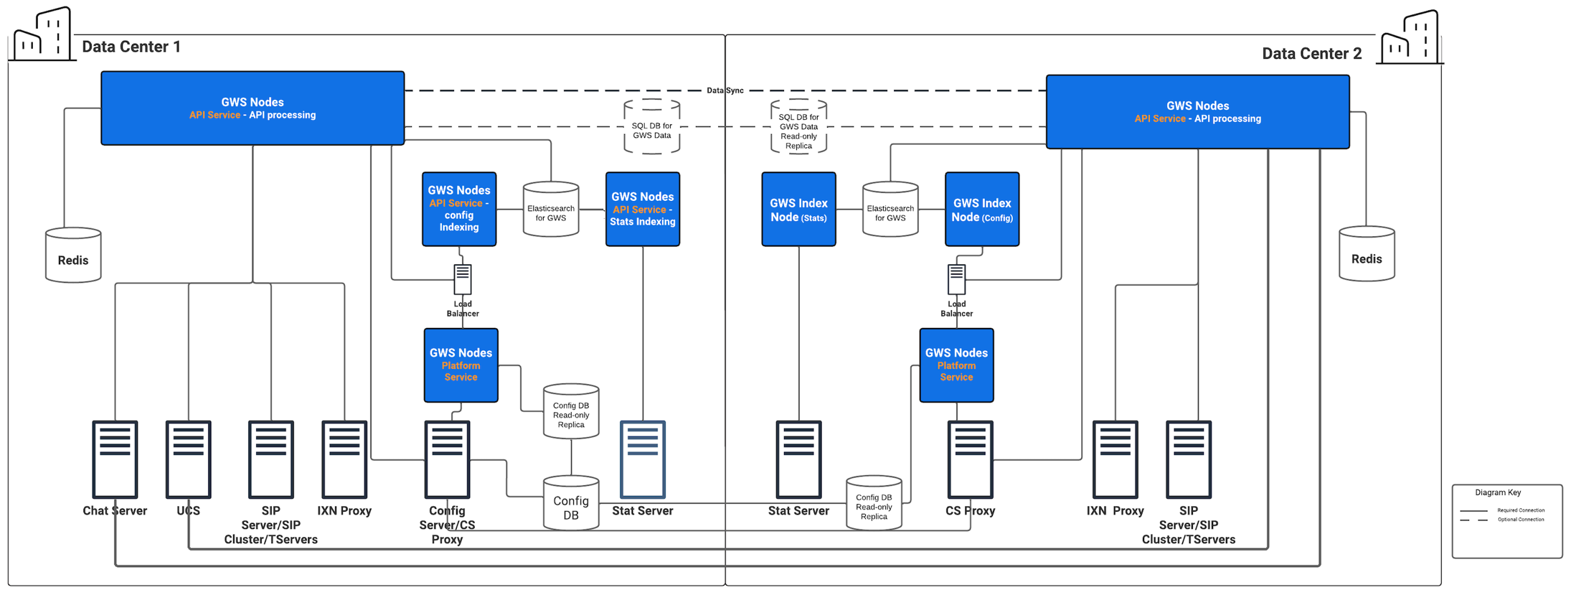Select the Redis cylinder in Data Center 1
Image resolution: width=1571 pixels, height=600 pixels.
coord(73,255)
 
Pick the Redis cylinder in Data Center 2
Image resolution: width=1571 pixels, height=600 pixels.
coord(1367,253)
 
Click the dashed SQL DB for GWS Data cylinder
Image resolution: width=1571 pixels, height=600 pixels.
coord(652,126)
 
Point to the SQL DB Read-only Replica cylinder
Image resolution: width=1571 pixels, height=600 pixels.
coord(798,126)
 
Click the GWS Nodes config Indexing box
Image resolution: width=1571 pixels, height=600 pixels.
coord(459,209)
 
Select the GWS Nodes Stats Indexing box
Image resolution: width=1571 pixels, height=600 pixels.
coord(643,209)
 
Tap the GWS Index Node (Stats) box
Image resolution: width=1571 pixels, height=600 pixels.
coord(798,209)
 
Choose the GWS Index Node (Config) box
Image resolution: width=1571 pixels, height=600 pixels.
coord(982,209)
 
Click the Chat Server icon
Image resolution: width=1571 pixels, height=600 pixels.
coord(115,459)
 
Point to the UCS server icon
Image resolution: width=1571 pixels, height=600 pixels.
coord(189,459)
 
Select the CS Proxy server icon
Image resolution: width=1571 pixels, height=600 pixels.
coord(971,459)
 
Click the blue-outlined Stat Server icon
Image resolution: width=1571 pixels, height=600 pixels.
coord(643,459)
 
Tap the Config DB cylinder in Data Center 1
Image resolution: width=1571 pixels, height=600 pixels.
coord(571,503)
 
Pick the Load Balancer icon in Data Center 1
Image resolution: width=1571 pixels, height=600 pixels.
coord(463,279)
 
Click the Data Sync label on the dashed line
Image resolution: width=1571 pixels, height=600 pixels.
coord(725,90)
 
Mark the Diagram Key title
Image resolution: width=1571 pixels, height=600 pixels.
coord(1498,492)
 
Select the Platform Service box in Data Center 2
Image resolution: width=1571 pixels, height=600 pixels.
coord(957,365)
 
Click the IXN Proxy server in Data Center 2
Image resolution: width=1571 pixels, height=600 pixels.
coord(1115,459)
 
